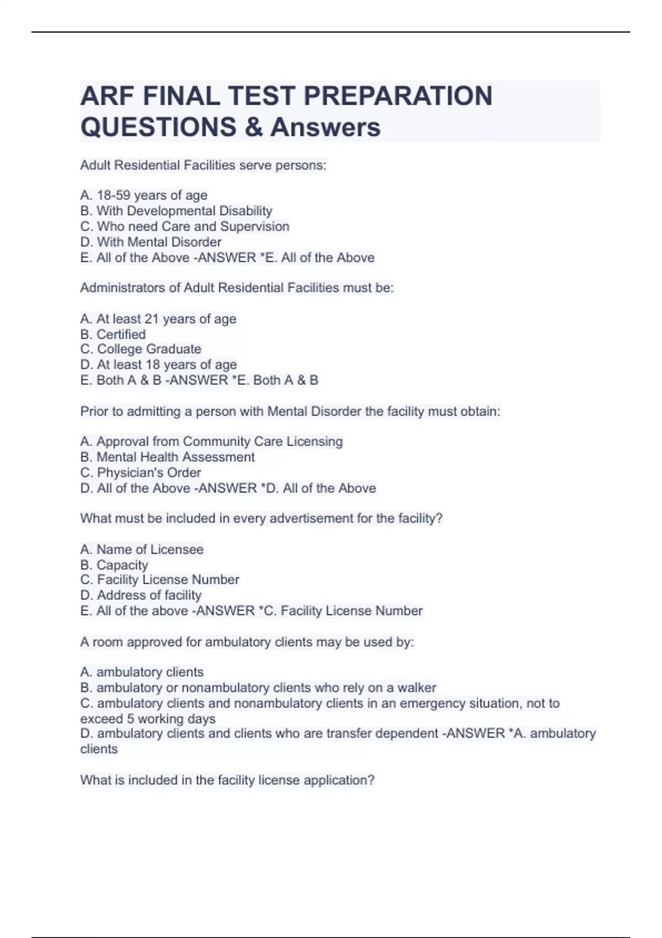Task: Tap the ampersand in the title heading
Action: pos(253,127)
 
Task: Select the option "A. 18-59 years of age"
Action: pos(143,195)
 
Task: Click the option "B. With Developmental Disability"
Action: pos(176,211)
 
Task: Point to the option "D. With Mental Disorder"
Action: pos(151,242)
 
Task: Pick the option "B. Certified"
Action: pos(113,334)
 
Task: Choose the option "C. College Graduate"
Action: pos(141,349)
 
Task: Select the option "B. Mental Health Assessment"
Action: pos(167,457)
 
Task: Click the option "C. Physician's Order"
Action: pos(140,472)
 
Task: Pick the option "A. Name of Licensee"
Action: pos(142,550)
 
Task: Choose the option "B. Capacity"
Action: pos(114,565)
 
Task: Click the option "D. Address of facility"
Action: pos(141,595)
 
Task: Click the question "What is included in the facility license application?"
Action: pos(227,780)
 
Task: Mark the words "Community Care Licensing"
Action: pos(263,441)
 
